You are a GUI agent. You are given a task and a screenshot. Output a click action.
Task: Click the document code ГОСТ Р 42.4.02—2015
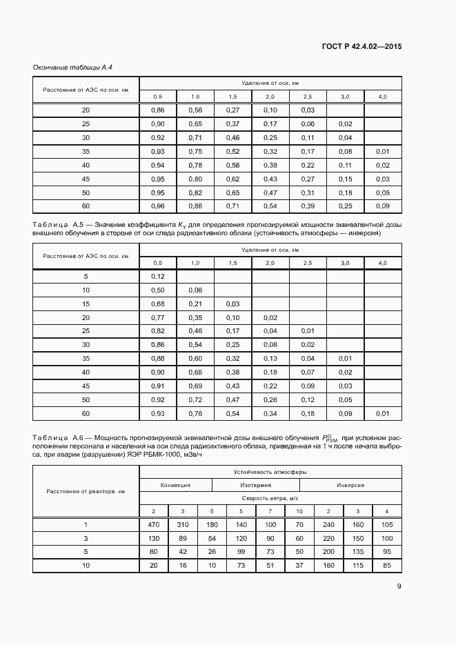point(362,47)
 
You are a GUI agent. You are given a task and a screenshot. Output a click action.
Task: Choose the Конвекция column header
point(175,485)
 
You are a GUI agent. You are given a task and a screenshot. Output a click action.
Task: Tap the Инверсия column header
point(350,485)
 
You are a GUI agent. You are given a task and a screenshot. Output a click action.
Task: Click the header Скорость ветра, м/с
point(270,497)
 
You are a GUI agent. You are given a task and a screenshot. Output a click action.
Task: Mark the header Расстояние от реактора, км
point(86,491)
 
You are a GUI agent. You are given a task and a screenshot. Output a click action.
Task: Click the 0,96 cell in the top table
point(157,206)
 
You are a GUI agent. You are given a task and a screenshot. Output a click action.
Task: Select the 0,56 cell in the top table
point(195,110)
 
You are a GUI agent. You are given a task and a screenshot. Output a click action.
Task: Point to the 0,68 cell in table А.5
point(157,304)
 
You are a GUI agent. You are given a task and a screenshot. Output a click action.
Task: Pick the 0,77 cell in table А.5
point(157,317)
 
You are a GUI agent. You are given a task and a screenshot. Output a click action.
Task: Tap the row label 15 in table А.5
point(86,304)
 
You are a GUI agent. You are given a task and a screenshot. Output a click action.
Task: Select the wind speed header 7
point(270,510)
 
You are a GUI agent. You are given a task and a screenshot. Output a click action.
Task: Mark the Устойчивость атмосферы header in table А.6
point(270,472)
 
